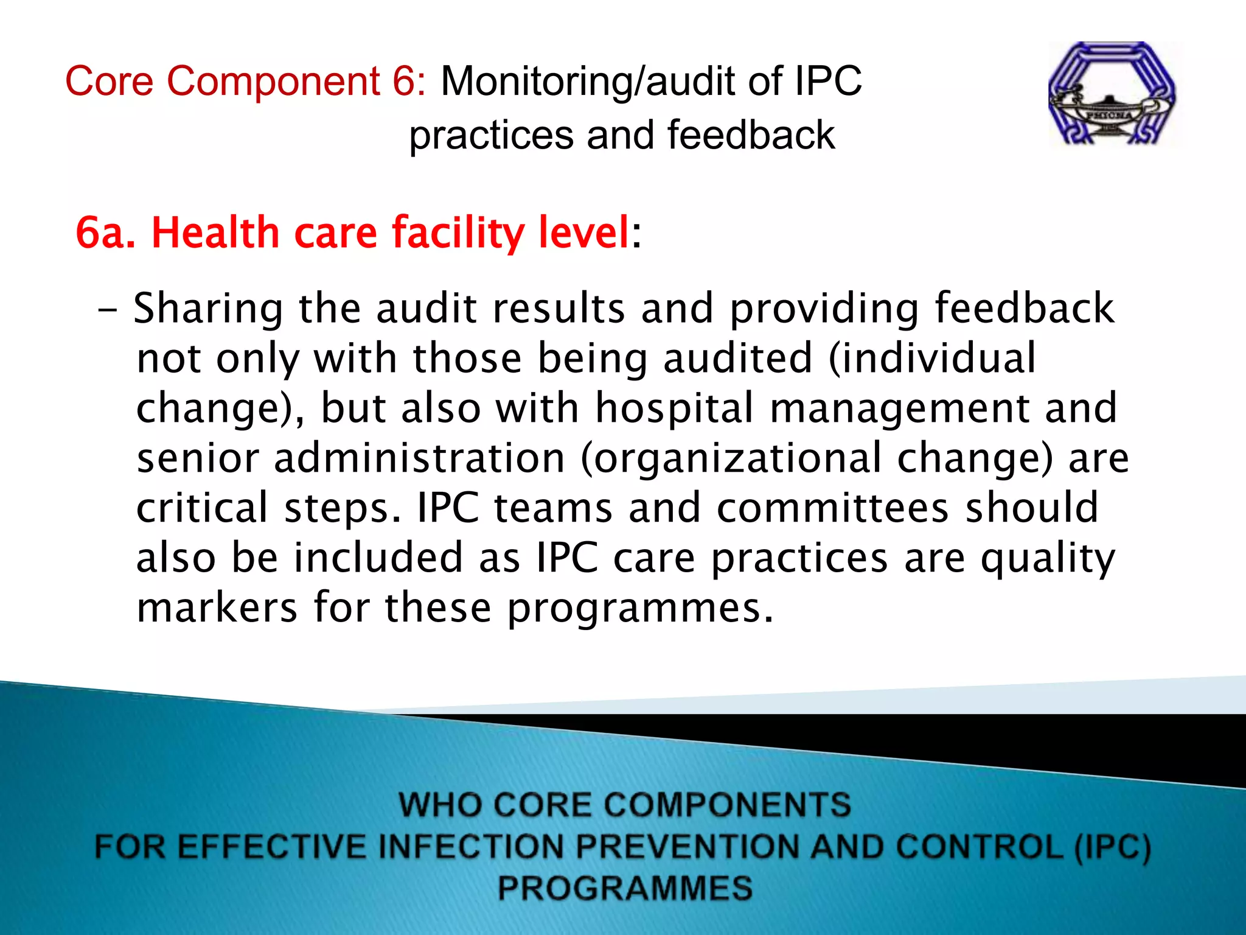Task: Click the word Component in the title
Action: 273,81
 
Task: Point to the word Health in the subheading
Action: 215,233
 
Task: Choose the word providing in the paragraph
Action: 824,309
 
